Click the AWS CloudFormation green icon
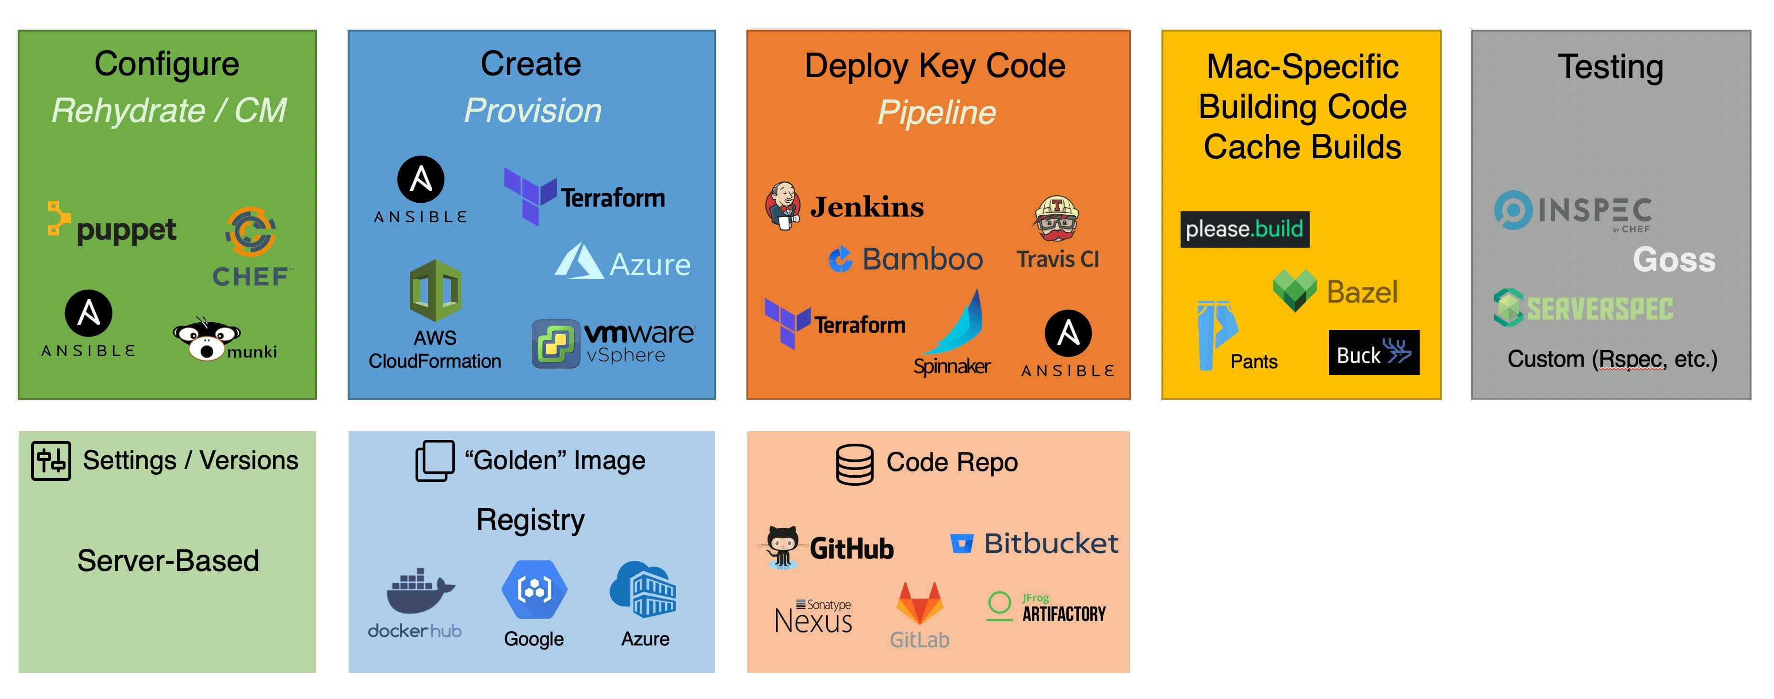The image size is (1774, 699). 435,291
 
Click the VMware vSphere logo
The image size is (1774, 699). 613,342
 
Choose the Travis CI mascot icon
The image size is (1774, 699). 1056,219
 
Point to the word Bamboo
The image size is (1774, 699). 921,260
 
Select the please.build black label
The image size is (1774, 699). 1244,229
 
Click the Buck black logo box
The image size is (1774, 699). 1373,352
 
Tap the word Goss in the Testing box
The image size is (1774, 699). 1674,260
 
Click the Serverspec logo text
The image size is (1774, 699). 1599,308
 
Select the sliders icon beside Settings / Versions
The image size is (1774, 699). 51,461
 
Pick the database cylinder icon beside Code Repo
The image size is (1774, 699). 854,464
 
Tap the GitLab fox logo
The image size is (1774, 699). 920,604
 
